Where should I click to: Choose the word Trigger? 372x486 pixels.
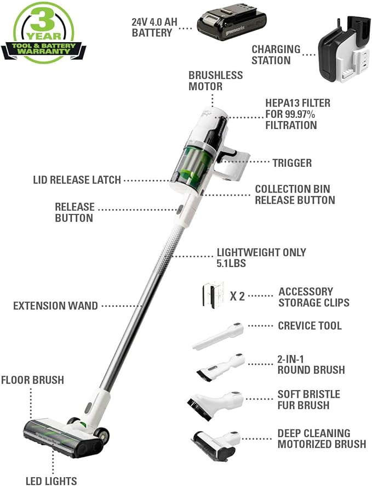click(x=291, y=163)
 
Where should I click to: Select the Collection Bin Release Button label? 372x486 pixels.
click(x=295, y=195)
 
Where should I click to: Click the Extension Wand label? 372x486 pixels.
click(x=55, y=306)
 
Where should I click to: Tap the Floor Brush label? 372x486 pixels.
click(x=32, y=380)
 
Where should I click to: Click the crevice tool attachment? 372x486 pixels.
click(x=218, y=336)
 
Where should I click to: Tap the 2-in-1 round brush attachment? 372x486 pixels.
click(x=219, y=366)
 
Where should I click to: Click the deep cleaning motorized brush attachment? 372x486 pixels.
click(x=215, y=443)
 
